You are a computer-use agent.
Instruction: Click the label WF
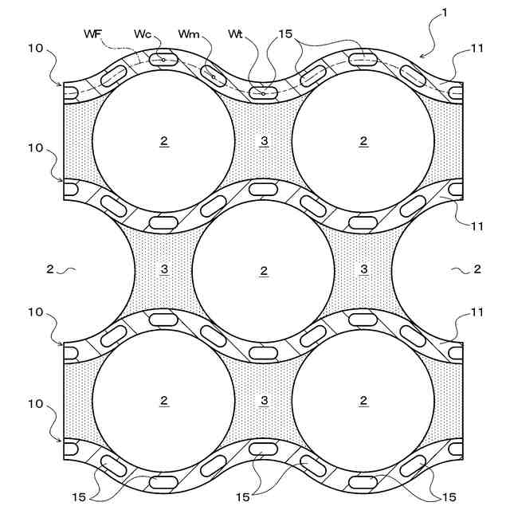pos(93,33)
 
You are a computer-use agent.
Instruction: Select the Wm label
pos(190,33)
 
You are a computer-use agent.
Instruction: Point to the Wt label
pos(235,33)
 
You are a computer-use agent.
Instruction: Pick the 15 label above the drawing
pos(285,33)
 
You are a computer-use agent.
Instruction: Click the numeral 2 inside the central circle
pos(264,270)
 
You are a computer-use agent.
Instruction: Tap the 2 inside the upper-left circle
pos(164,140)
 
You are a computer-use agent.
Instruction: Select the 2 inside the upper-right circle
pos(363,140)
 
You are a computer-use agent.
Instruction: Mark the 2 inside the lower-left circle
pos(164,400)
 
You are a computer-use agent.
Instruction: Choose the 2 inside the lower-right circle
pos(363,400)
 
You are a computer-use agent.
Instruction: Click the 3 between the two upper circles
pos(264,140)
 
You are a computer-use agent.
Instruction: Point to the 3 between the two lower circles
pos(264,400)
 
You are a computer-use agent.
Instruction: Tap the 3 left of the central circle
pos(164,269)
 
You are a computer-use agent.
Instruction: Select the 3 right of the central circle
pos(363,269)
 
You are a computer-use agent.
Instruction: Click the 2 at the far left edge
pos(49,269)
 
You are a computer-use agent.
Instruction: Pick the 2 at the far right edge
pos(477,269)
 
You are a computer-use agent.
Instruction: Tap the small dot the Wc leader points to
pos(163,60)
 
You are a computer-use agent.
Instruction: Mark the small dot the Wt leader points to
pos(264,94)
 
